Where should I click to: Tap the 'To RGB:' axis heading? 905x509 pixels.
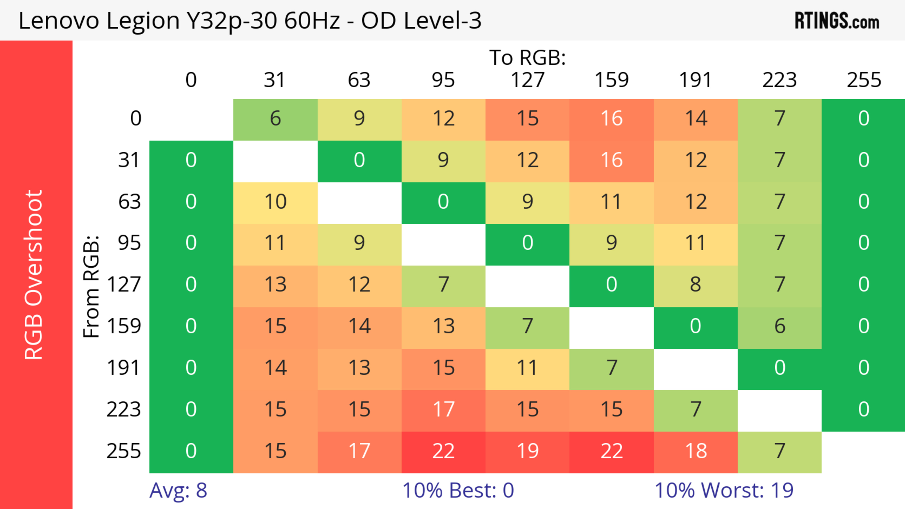click(527, 57)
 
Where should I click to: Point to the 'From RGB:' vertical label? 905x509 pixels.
click(91, 286)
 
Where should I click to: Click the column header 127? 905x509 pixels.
click(527, 80)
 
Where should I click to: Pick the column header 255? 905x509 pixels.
click(864, 80)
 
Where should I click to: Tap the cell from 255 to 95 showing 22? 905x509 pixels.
click(443, 451)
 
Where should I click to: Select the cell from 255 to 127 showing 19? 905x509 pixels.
click(527, 451)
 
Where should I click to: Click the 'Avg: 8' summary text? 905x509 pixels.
click(178, 490)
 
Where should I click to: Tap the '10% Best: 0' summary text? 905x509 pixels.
click(458, 490)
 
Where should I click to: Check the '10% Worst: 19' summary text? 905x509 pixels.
click(724, 490)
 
